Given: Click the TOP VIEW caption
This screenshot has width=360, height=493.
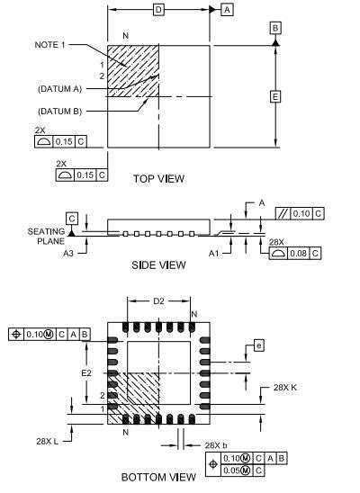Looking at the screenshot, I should tap(158, 178).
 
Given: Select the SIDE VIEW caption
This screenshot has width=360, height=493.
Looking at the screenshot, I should tap(159, 264).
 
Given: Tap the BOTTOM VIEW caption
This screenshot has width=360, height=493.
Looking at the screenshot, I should tap(158, 476).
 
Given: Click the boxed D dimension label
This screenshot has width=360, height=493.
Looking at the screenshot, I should tap(158, 9).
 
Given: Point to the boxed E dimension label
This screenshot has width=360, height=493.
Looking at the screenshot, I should tap(274, 96).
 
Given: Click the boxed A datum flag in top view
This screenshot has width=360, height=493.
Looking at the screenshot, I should tap(226, 9).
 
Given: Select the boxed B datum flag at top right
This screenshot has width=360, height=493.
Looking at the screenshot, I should tap(274, 29).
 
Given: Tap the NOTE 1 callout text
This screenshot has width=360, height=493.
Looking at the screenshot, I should tap(50, 45).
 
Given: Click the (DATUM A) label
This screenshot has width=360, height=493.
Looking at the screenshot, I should tap(58, 88).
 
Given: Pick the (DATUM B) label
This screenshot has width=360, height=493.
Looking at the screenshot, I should tap(58, 110).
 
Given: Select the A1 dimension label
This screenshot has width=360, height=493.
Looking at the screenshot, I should tap(213, 253).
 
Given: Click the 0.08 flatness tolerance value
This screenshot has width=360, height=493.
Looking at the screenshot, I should tap(300, 253).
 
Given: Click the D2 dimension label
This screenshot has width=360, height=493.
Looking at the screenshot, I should tap(158, 302).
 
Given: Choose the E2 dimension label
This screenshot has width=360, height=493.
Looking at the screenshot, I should tap(87, 372).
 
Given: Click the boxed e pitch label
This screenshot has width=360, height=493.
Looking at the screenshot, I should tap(258, 345).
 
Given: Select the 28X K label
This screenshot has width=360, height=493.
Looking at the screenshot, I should tap(286, 388).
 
